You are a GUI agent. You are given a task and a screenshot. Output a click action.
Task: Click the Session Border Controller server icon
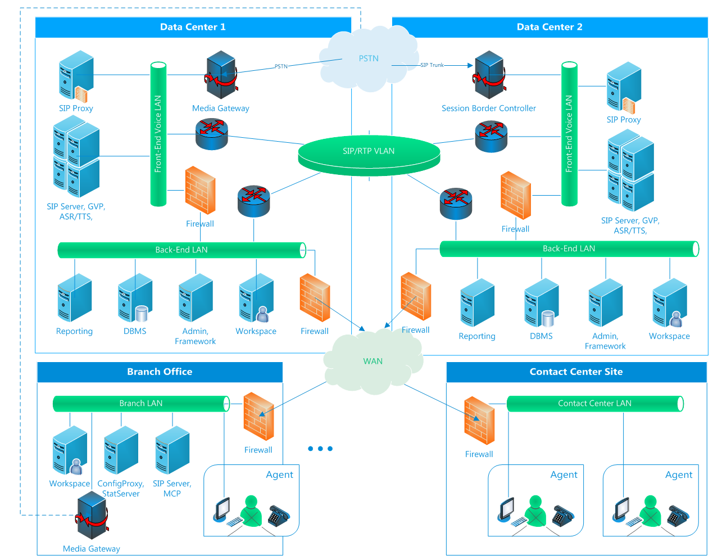point(489,75)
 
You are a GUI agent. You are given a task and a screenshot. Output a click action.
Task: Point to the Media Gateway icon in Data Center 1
point(221,75)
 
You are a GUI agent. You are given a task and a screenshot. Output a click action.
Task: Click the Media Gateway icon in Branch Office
point(92,516)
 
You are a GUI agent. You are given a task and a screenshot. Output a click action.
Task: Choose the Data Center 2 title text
point(549,27)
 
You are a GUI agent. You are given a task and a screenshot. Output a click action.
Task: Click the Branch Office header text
point(160,372)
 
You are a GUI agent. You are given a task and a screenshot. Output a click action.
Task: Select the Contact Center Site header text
point(576,372)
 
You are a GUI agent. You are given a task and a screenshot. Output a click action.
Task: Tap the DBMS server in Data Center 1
point(135,299)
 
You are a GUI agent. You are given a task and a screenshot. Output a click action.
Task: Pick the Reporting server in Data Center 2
point(477,303)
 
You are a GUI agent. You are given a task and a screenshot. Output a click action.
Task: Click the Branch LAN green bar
point(141,404)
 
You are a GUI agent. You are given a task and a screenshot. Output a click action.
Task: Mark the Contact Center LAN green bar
point(594,404)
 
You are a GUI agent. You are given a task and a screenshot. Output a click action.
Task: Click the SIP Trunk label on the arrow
point(432,65)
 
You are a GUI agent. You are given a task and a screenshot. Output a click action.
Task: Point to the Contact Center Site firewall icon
point(479,421)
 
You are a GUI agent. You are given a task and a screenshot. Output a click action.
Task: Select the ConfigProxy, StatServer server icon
point(121,450)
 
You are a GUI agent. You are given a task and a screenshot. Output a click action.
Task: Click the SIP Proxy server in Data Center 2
point(624,88)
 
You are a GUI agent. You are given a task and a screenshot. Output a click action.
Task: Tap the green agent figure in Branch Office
point(251,511)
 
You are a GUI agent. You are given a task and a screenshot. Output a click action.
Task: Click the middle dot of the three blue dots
point(320,449)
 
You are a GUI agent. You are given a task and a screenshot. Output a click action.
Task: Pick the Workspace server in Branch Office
point(70,450)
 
